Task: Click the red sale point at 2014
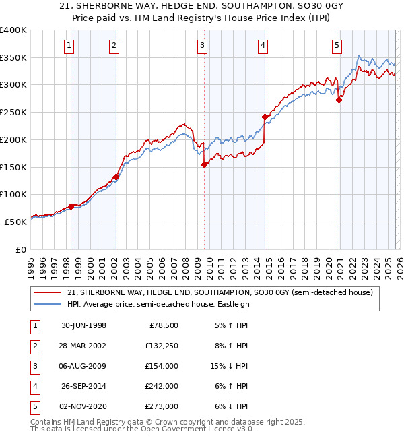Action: [x=265, y=117]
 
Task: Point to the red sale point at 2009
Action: [x=204, y=164]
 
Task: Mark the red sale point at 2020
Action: [x=339, y=100]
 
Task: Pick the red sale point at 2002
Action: [x=116, y=177]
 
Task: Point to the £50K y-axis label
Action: [x=15, y=221]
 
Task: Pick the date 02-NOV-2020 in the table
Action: [x=83, y=406]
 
